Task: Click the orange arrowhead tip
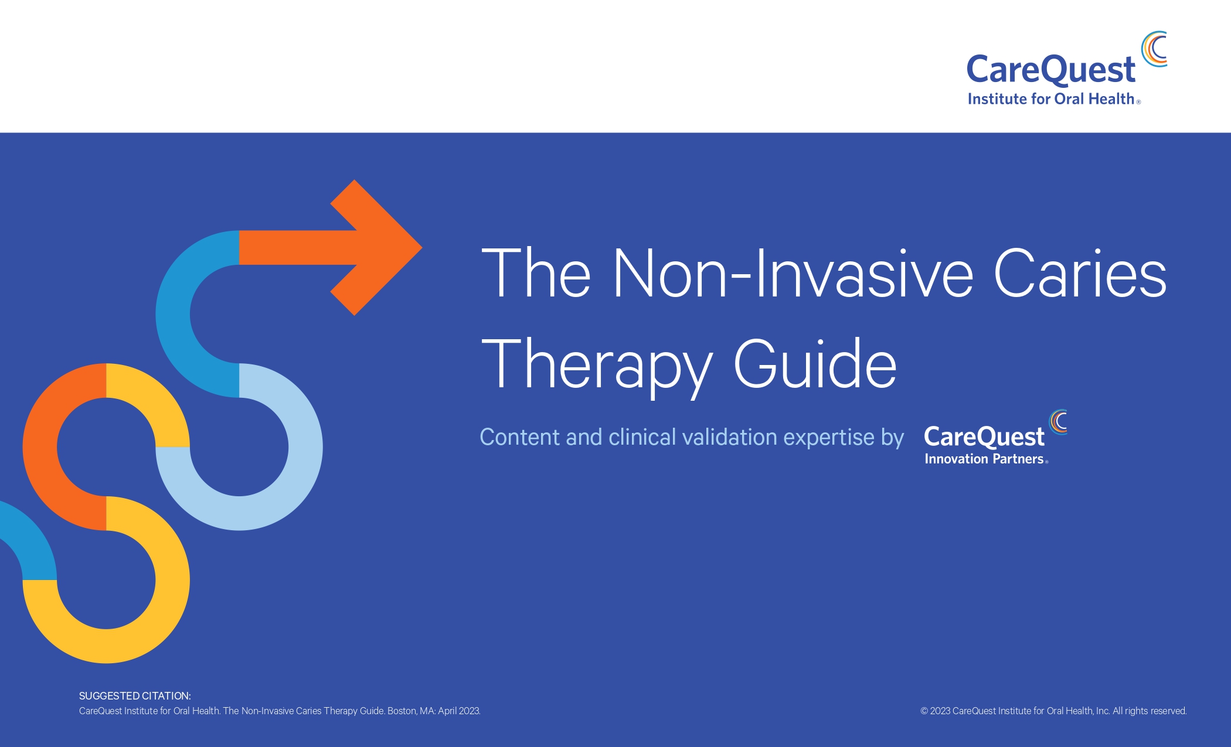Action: coord(421,247)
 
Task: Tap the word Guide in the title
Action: coord(815,364)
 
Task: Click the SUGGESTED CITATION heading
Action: coord(135,696)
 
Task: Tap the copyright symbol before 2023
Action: coord(924,711)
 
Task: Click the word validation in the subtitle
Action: coord(730,437)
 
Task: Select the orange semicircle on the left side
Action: coord(40,447)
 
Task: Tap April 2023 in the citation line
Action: coord(459,711)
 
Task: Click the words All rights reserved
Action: coord(1150,711)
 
